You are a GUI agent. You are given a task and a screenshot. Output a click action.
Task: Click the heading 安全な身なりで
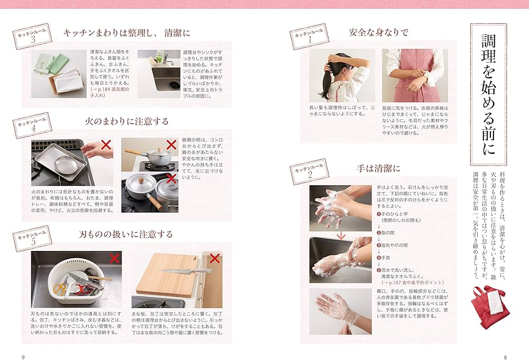379,32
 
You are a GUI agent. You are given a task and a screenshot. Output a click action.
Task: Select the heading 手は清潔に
379,169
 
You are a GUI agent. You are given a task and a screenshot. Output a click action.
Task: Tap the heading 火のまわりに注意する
127,121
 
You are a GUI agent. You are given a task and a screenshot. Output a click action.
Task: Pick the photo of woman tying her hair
342,75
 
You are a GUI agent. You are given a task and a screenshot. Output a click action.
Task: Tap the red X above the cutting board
215,258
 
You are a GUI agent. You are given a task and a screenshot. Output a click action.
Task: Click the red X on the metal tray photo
106,145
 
